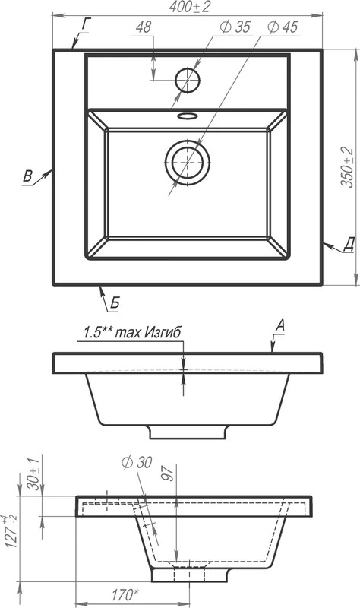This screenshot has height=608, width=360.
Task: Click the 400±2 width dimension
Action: [190, 7]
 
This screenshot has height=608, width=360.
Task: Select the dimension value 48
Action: [144, 27]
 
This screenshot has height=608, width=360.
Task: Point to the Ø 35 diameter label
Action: [235, 27]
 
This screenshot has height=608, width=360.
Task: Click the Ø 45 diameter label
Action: [283, 27]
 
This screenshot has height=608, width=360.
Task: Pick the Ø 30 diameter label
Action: [137, 462]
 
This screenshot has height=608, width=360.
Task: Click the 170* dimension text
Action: [125, 594]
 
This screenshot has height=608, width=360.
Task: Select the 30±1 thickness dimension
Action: [33, 473]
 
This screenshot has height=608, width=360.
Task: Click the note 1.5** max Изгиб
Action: [132, 333]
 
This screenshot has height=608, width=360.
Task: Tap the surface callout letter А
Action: [279, 326]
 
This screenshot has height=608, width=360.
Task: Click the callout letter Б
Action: [115, 302]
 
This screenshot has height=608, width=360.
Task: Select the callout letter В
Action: [27, 176]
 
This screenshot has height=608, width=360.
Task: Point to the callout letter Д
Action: [349, 245]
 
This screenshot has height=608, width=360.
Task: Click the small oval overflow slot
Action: [188, 116]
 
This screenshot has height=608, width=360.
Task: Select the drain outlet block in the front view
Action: [188, 432]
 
